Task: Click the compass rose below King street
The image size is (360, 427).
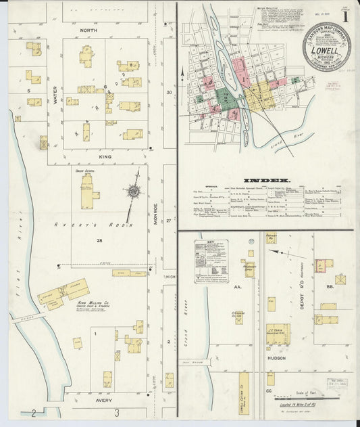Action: (x=134, y=192)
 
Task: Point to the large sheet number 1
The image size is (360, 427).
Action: (x=346, y=14)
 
